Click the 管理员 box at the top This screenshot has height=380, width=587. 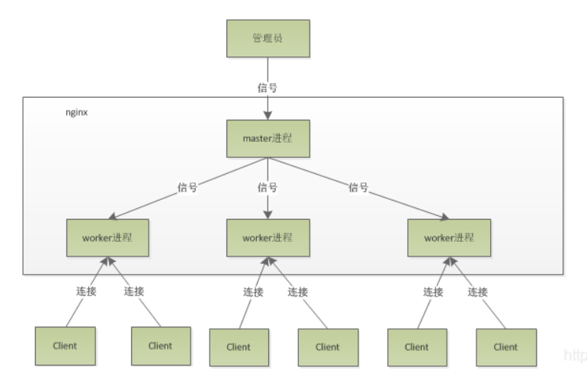coord(268,38)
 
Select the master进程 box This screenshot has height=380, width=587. coord(268,139)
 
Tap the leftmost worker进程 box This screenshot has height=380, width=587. coord(107,238)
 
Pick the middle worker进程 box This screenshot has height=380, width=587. coord(268,238)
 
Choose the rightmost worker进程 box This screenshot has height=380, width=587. coord(449,238)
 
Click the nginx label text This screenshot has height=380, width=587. coord(77,112)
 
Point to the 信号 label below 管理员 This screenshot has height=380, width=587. coord(268,88)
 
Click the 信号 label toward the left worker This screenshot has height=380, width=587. coord(188,188)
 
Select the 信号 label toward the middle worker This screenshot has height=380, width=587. coord(268,188)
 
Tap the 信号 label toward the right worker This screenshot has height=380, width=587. coord(358,188)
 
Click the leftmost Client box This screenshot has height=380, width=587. coord(65,346)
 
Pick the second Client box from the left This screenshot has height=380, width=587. coord(161,346)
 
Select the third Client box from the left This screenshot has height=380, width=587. coord(239,347)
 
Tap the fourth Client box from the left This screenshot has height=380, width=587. coord(328,347)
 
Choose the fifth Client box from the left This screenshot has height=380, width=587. coord(417,347)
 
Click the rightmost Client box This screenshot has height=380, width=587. coord(506,347)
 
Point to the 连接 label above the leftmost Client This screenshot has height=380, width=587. coord(86,291)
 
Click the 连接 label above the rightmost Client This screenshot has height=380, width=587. coord(478,292)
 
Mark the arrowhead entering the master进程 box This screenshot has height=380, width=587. coord(268,115)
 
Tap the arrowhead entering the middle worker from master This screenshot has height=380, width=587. coord(268,214)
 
